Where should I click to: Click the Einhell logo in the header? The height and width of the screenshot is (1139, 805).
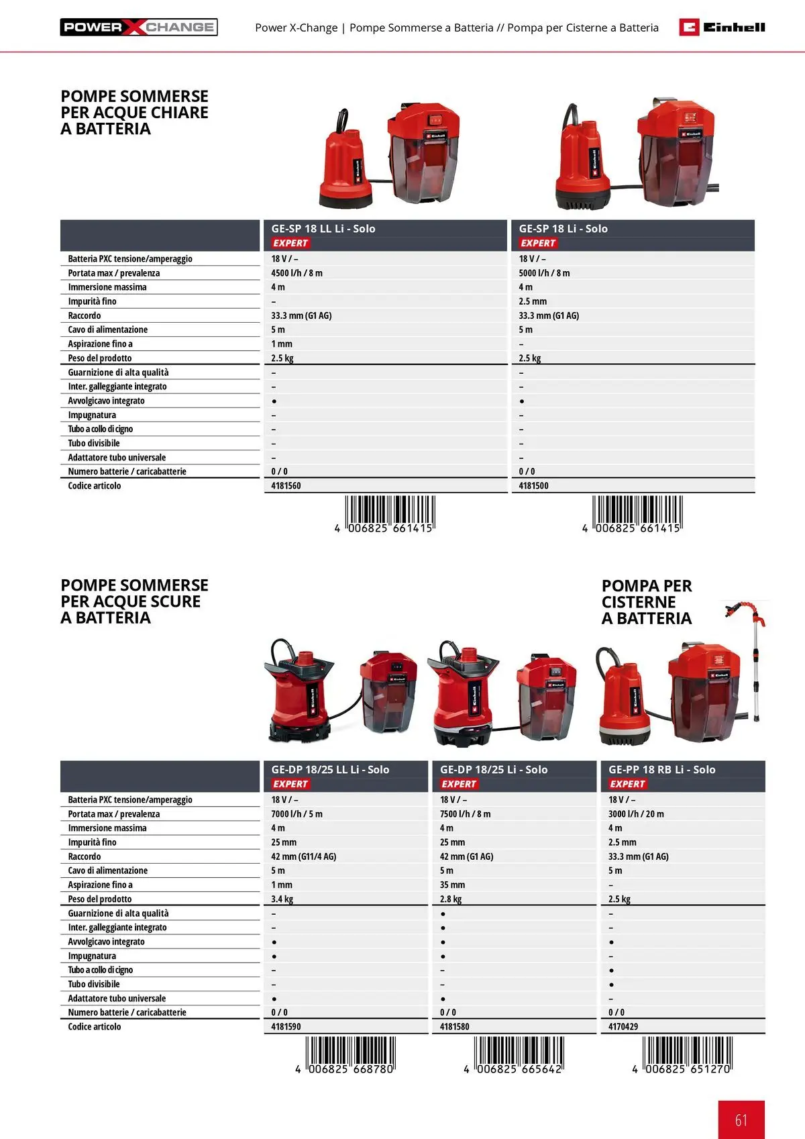(x=722, y=27)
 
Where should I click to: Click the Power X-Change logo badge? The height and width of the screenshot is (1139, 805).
(x=139, y=28)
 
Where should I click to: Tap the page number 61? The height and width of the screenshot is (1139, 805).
(x=741, y=1120)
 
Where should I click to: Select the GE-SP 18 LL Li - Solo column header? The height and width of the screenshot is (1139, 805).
(x=323, y=229)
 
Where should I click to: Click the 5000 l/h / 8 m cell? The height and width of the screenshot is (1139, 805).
(x=544, y=273)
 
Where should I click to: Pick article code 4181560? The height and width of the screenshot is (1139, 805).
(x=286, y=486)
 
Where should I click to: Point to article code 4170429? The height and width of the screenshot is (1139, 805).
(x=623, y=1027)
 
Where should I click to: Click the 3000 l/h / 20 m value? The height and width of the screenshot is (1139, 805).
(x=636, y=814)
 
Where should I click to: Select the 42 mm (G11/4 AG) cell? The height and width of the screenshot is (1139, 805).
(x=303, y=856)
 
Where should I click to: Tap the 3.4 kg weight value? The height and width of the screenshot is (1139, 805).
(x=282, y=899)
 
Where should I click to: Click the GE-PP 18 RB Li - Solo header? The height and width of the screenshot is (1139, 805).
(x=661, y=770)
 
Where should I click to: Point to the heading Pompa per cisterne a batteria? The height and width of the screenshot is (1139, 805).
(x=646, y=602)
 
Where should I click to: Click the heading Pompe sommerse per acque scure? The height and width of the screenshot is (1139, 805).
(x=134, y=601)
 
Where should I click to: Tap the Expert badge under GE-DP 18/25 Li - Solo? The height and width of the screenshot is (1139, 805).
(x=459, y=784)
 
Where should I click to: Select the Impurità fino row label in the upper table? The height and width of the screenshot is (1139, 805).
(x=92, y=301)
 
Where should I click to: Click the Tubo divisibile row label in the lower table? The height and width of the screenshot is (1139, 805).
(x=94, y=984)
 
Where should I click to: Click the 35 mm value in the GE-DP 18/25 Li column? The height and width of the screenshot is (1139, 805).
(x=452, y=885)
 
